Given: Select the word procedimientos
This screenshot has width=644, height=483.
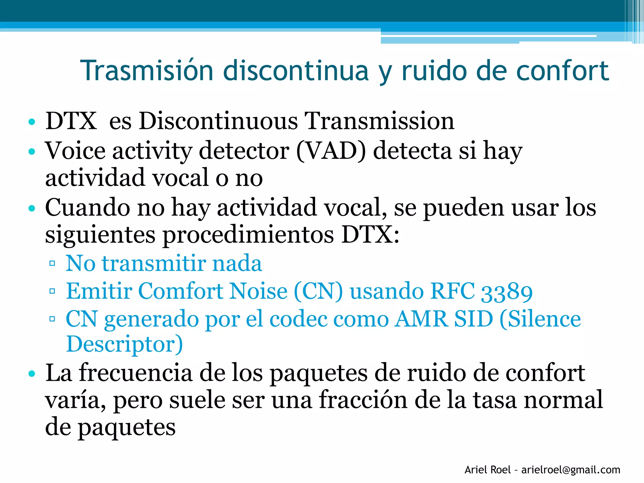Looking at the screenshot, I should (248, 235).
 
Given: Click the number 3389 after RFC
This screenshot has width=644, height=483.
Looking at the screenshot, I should (507, 291).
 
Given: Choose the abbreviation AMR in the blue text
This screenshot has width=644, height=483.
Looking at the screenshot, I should (421, 319).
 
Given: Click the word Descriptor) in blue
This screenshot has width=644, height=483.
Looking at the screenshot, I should (125, 344).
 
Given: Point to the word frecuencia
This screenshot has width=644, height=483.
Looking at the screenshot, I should (135, 373).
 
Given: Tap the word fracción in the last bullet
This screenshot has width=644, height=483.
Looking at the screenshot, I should (363, 400).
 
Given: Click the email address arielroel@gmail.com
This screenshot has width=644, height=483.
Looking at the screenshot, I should (571, 470).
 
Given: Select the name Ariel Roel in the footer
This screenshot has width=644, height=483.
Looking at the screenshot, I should (487, 470).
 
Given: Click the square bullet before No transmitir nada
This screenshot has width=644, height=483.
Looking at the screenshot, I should (52, 263).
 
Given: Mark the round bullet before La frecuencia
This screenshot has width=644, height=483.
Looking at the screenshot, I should (31, 374).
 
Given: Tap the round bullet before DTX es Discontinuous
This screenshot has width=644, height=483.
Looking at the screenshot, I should (31, 122).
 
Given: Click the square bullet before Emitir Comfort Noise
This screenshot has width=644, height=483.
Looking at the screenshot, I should (52, 291).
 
